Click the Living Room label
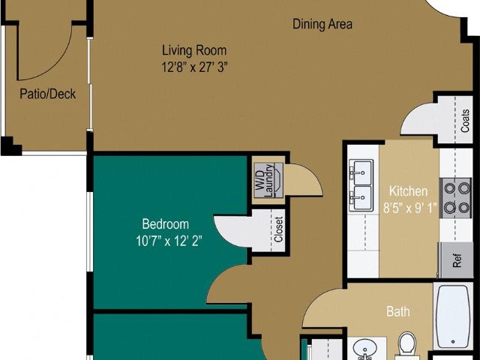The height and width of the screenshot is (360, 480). point(194,50)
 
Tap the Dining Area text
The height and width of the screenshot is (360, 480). point(322,24)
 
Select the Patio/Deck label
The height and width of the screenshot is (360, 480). point(48,94)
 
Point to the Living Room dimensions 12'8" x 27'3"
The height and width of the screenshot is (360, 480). point(195,67)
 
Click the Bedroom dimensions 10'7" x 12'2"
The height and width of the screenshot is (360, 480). point(169,241)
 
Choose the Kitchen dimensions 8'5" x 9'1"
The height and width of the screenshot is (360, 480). point(410,208)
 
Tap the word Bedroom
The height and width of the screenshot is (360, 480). point(165,224)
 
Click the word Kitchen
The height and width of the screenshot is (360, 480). point(408,191)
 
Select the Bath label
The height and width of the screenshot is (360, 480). point(398,312)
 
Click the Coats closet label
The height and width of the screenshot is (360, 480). point(465,121)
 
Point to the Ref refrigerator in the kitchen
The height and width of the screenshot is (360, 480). point(456,260)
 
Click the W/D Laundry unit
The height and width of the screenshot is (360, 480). point(268,180)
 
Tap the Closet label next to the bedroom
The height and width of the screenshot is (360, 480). point(278,229)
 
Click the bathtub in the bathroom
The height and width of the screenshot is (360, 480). point(452,316)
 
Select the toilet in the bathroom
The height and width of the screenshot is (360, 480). point(407,344)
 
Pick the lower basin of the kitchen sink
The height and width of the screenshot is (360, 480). point(362,198)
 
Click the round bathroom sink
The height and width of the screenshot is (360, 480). point(365,349)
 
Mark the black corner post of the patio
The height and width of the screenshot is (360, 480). point(10,146)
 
